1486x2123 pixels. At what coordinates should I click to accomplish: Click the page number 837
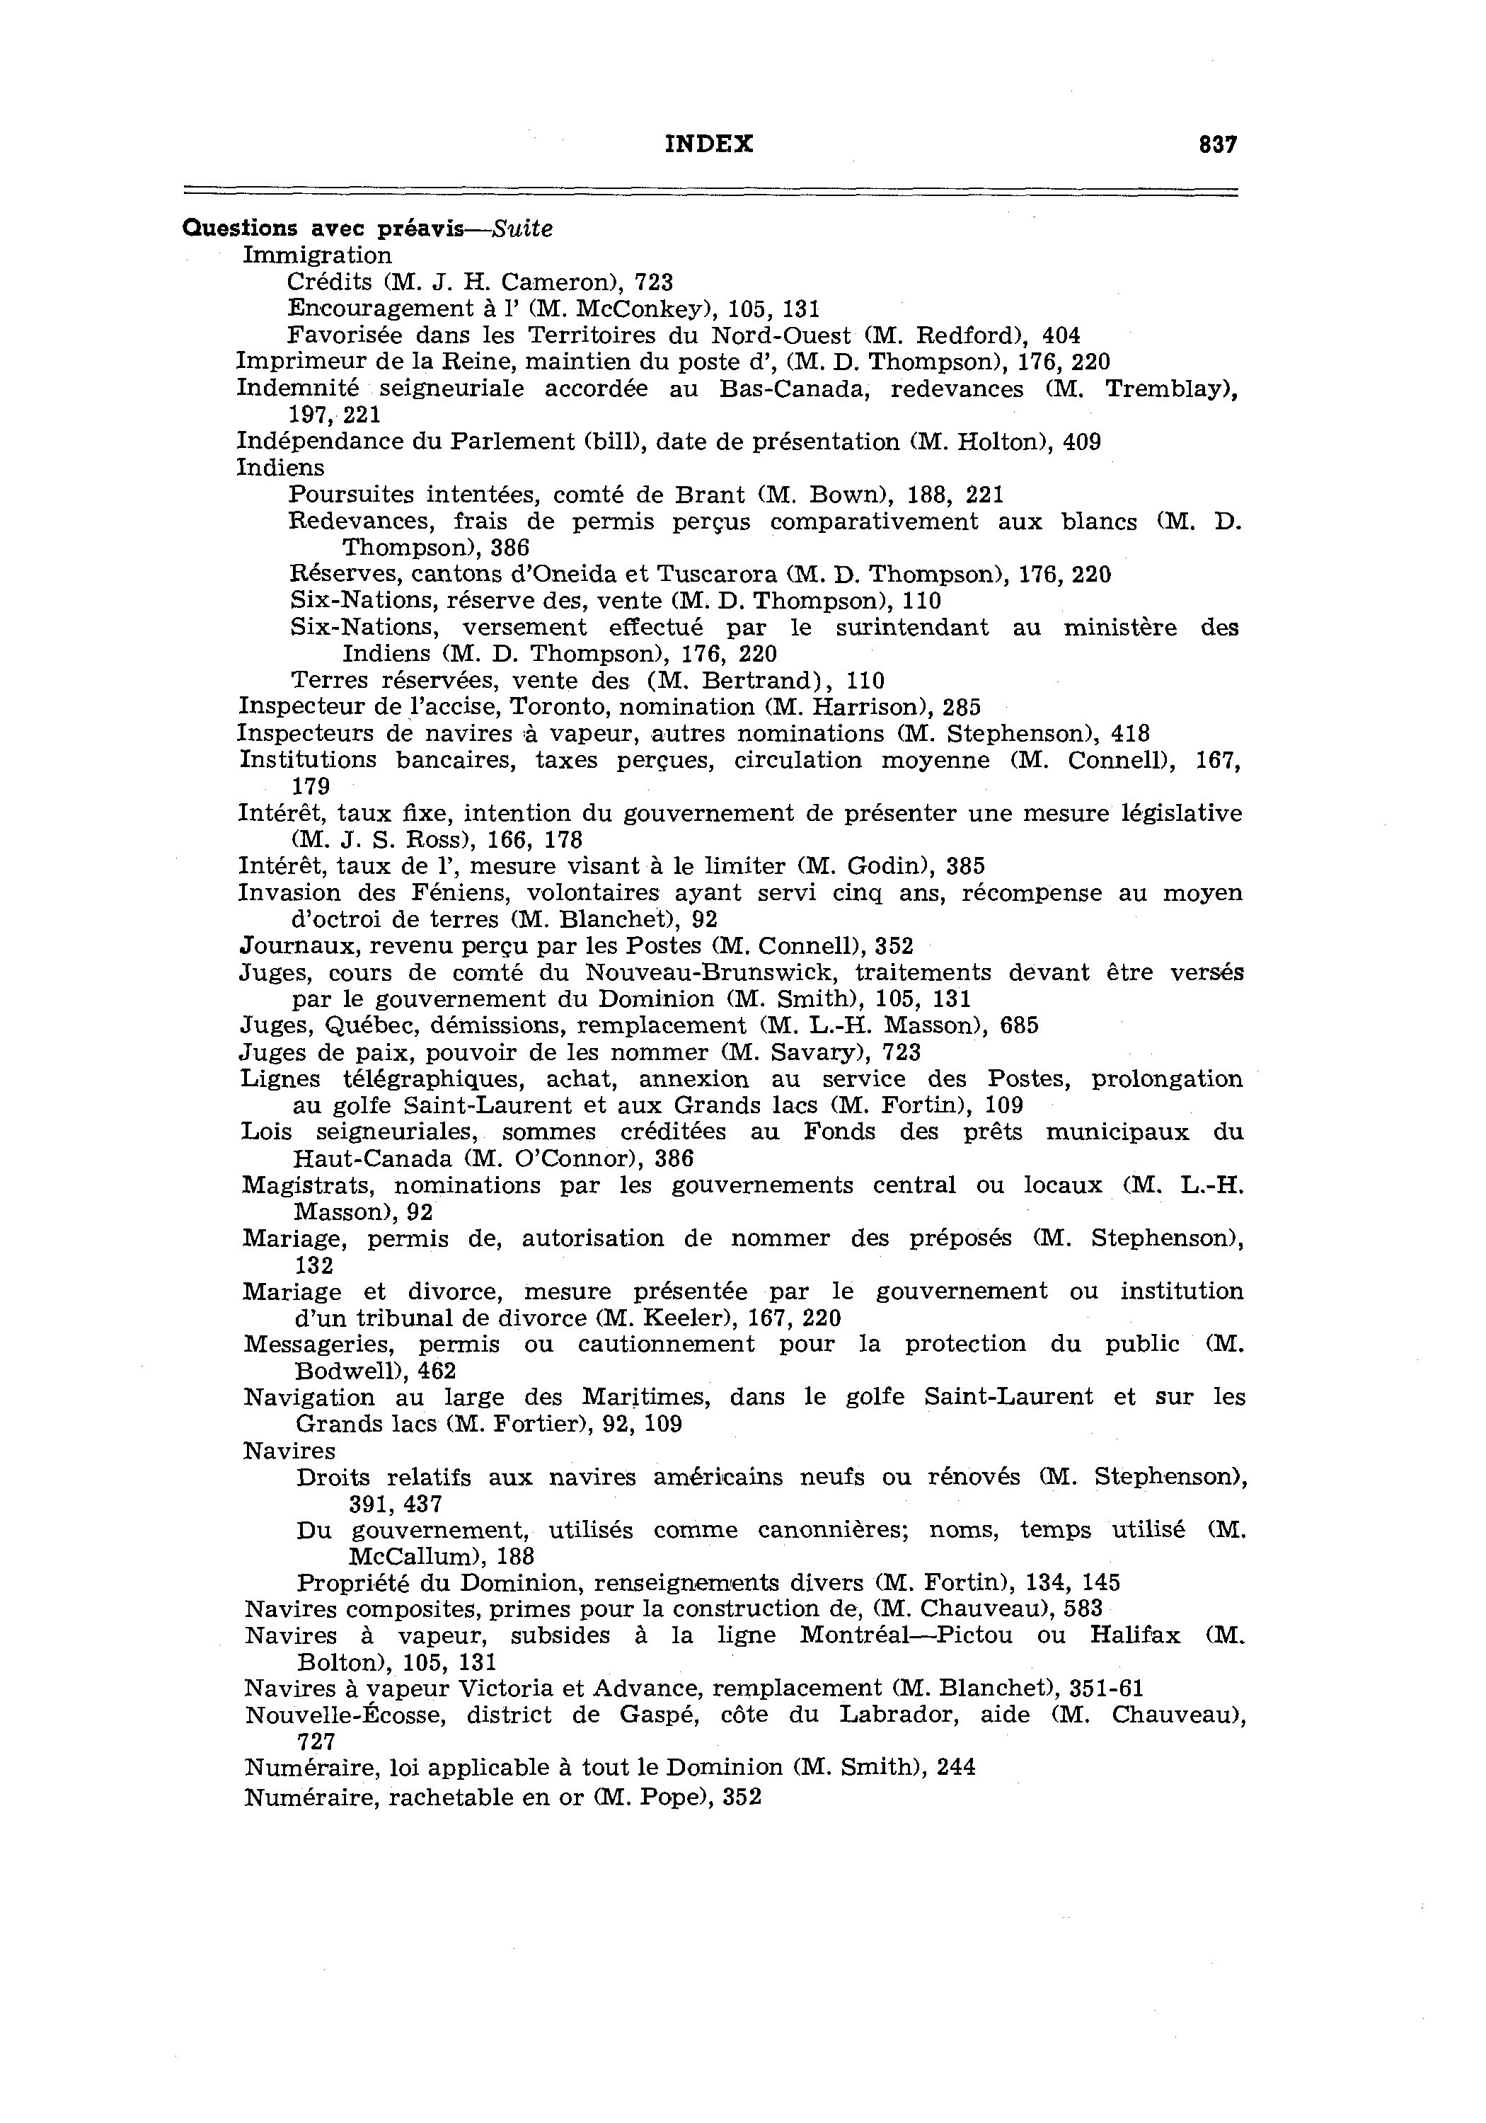click(1217, 145)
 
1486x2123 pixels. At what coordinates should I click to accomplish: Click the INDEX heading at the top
click(709, 144)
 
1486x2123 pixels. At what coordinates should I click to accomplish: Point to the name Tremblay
click(1170, 389)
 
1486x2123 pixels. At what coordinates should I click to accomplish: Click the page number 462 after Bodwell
click(437, 1371)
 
